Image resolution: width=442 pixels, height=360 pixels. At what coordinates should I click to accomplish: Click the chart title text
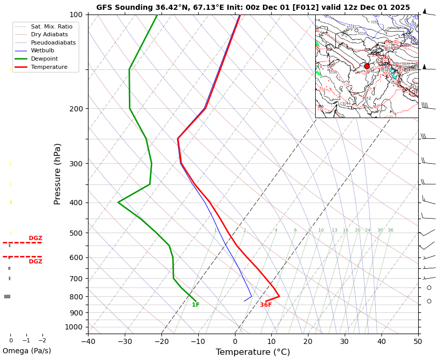253,8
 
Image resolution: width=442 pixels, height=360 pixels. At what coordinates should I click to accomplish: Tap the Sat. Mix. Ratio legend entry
51,26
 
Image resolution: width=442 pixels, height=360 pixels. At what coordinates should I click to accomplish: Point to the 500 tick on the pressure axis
77,233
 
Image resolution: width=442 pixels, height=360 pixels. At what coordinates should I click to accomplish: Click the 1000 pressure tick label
75,327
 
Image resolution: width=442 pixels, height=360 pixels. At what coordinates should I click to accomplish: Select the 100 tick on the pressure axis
77,15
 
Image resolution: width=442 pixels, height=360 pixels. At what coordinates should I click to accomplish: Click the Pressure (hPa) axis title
58,174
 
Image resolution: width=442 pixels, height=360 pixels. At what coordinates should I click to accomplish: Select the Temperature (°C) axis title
253,352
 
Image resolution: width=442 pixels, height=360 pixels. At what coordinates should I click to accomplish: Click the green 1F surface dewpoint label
196,305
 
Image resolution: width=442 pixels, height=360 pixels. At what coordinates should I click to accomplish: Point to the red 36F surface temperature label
266,305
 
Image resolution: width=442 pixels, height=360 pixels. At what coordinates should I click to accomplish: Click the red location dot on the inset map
367,66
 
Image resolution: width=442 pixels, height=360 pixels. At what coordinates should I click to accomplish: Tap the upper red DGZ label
36,238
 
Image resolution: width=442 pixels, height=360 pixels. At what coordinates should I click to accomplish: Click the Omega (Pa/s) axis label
27,351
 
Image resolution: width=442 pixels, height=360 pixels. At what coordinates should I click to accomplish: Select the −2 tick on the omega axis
42,341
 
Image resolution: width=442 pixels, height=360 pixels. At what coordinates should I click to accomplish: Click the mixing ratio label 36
390,231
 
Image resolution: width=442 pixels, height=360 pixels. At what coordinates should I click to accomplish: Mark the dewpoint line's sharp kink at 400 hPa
119,202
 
